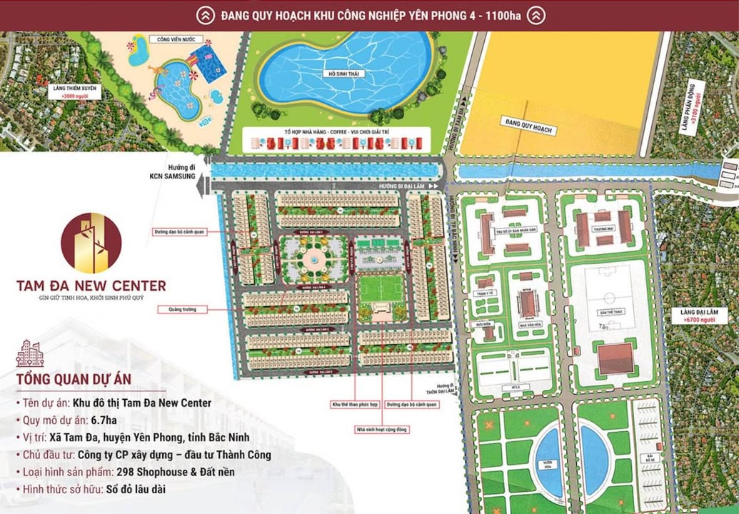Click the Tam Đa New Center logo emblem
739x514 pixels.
[x=91, y=243]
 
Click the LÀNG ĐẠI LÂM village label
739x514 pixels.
[x=698, y=312]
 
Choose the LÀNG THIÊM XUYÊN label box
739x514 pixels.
[x=79, y=91]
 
